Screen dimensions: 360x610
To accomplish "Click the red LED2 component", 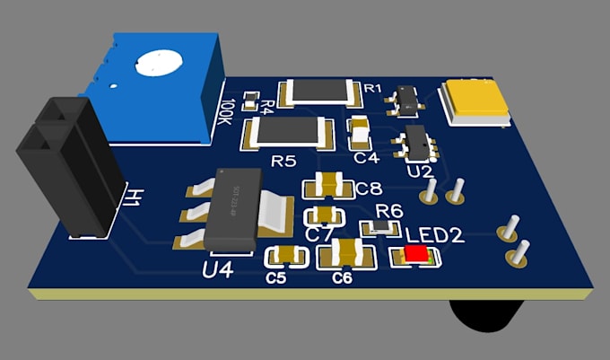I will tap(415, 254).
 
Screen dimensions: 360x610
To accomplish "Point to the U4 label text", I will tap(218, 268).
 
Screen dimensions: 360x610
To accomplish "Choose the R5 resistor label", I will tap(283, 162).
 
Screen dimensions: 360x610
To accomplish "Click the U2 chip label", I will tap(419, 170).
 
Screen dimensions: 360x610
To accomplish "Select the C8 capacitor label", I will tap(369, 189).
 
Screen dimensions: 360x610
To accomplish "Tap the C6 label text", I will tap(342, 278).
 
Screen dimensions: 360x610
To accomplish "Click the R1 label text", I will tap(372, 88).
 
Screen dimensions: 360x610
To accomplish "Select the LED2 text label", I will tap(434, 236).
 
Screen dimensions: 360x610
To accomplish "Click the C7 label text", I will tap(319, 234).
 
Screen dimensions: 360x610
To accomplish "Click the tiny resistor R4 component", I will tap(251, 96).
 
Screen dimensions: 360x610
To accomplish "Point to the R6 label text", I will tap(388, 210).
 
